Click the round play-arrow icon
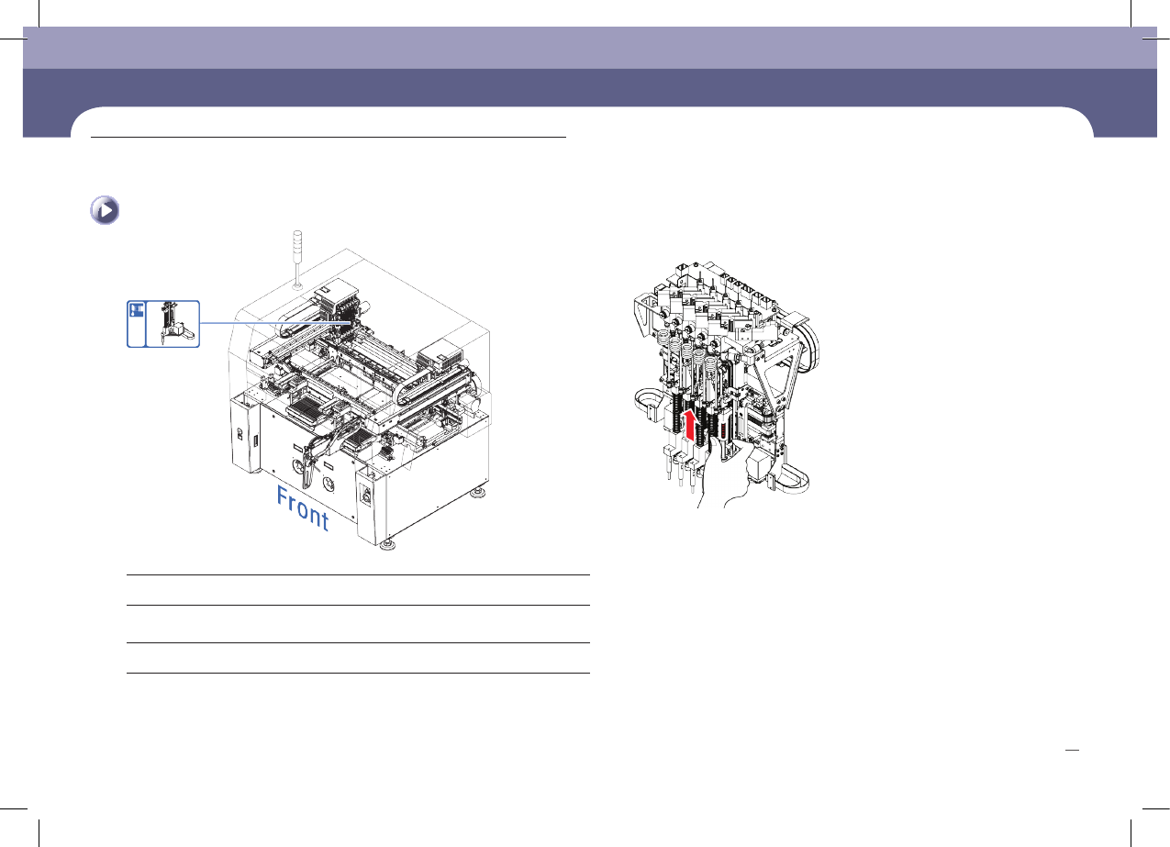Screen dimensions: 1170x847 105,210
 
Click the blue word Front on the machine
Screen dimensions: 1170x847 303,508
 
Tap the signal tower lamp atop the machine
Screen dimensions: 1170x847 297,240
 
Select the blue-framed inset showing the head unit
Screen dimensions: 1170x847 163,324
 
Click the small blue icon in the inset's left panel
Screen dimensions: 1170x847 137,309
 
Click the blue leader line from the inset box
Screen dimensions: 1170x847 274,323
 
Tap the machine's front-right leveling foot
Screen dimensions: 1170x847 387,546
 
